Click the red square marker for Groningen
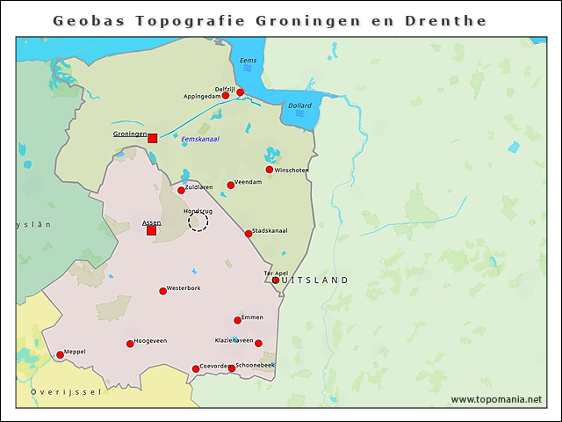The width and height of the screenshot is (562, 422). click(152, 138)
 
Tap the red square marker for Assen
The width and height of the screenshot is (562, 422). click(151, 231)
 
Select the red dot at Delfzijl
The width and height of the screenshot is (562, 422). click(240, 92)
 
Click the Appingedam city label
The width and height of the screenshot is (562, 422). click(200, 96)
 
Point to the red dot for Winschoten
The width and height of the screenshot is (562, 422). click(270, 170)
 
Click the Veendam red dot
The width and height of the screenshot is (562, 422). click(231, 185)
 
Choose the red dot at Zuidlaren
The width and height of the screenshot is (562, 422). click(181, 190)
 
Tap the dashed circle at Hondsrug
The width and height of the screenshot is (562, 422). click(198, 222)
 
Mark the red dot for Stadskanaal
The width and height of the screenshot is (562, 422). click(249, 234)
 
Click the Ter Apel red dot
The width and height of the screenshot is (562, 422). click(276, 280)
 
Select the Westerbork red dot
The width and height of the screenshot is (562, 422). click(162, 291)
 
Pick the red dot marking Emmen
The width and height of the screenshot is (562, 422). click(237, 320)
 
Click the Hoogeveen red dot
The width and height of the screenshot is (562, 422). click(130, 344)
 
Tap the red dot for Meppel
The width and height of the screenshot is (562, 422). click(60, 355)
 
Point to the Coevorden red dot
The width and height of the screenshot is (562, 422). click(196, 369)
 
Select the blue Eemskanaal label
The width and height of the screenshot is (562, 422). click(200, 139)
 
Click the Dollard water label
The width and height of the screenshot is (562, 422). click(299, 106)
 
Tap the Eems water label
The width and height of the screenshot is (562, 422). click(249, 61)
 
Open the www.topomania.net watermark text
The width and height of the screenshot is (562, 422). click(496, 399)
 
